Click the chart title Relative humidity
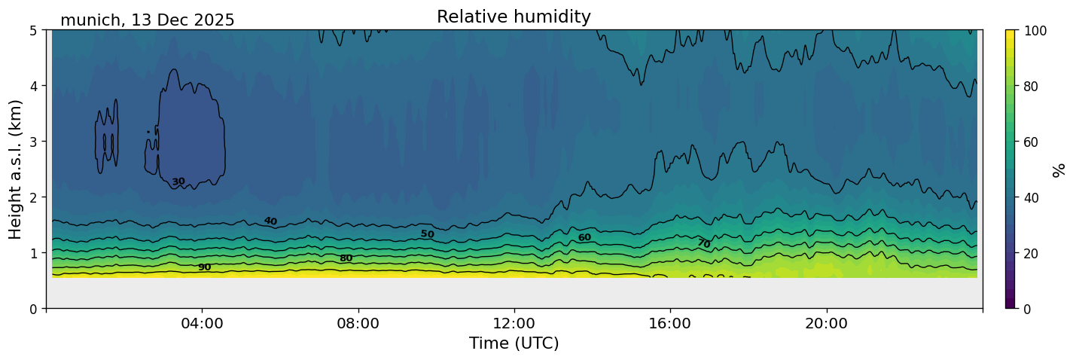click(514, 17)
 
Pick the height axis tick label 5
click(35, 30)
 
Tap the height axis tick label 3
click(35, 142)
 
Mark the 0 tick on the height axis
click(35, 309)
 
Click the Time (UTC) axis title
click(514, 344)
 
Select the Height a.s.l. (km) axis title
click(16, 169)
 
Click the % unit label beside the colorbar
click(1059, 169)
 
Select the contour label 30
click(178, 182)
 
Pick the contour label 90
click(204, 267)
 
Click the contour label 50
click(427, 234)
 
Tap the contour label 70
click(703, 243)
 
